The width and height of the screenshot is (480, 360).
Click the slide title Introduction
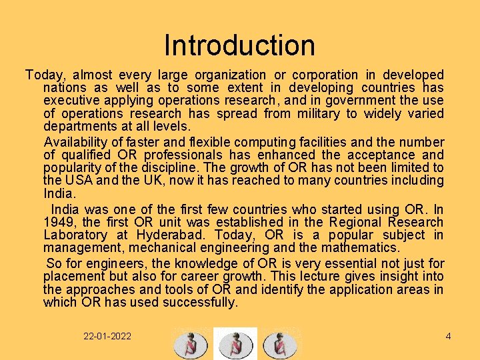239,46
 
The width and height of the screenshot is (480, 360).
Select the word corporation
325,75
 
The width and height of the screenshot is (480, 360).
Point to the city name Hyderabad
171,235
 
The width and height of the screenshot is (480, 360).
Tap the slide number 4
448,336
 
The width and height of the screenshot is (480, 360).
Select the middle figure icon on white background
235,344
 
